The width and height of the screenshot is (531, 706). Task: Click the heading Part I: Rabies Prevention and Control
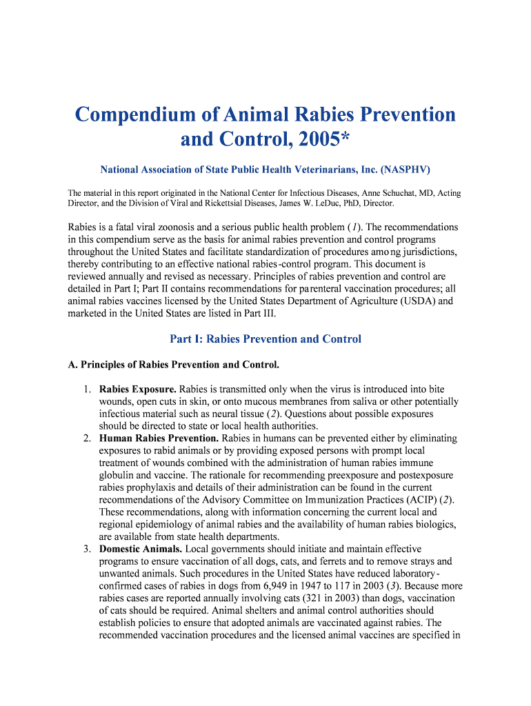[x=265, y=339]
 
